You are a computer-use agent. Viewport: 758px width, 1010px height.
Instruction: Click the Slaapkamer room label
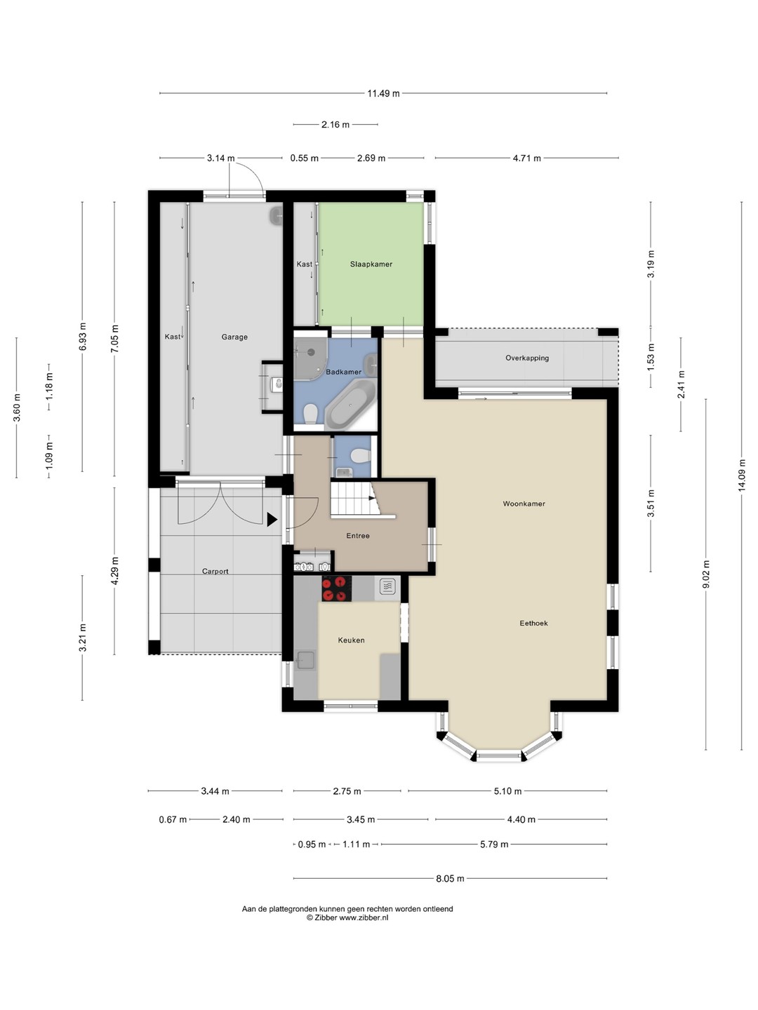[x=371, y=264]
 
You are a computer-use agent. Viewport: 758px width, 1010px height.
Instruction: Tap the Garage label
[x=234, y=337]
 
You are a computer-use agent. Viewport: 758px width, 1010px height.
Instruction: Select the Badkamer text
[x=343, y=372]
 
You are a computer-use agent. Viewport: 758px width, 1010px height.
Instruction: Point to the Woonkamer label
[x=524, y=504]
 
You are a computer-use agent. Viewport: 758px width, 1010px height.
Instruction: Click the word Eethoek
[x=533, y=623]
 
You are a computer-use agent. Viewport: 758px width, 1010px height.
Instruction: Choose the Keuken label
[x=351, y=640]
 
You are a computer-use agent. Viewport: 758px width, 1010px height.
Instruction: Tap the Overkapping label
[x=527, y=358]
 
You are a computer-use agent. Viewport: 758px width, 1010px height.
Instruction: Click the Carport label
[x=215, y=572]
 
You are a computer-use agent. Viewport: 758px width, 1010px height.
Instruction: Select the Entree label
[x=358, y=536]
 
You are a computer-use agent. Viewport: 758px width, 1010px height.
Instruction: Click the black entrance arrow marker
[x=272, y=520]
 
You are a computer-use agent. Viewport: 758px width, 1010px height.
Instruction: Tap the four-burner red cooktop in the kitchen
[x=336, y=588]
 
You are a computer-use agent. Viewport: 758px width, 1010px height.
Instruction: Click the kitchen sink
[x=305, y=660]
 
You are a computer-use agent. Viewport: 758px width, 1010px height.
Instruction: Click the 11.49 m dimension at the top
[x=383, y=93]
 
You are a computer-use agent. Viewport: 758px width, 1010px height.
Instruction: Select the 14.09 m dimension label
[x=741, y=476]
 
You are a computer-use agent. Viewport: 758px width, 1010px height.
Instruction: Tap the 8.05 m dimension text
[x=450, y=878]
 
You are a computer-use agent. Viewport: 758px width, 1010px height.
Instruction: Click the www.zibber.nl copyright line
[x=347, y=917]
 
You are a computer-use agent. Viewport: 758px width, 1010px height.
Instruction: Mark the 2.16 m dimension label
[x=335, y=124]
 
